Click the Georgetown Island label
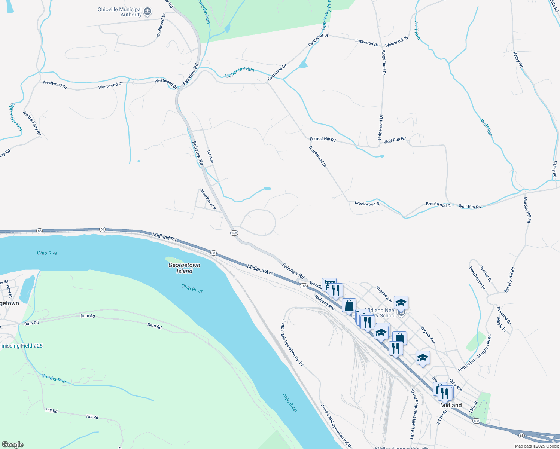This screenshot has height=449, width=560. coord(184,268)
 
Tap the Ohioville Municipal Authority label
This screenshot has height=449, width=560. coord(120,12)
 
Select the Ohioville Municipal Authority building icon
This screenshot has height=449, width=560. coord(148,12)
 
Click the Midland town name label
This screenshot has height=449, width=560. coord(451,405)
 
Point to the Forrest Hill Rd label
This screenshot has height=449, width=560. coord(323,139)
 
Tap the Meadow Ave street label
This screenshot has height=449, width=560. coord(208,199)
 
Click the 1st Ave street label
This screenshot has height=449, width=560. coord(210,156)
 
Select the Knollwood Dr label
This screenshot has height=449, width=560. coord(161,25)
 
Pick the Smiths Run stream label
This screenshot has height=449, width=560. coord(54,379)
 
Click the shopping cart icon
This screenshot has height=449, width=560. coord(329,284)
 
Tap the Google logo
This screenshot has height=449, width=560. coord(12,445)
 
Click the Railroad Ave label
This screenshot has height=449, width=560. coord(325,302)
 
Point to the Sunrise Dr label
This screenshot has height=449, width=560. coord(486,274)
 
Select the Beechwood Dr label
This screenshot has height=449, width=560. coord(477,278)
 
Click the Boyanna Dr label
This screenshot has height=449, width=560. coord(503,315)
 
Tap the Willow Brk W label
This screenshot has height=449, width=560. coord(396,42)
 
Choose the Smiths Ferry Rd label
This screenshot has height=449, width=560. coord(32,123)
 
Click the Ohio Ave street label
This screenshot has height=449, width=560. coord(456,385)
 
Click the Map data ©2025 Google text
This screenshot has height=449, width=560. coord(537,446)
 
